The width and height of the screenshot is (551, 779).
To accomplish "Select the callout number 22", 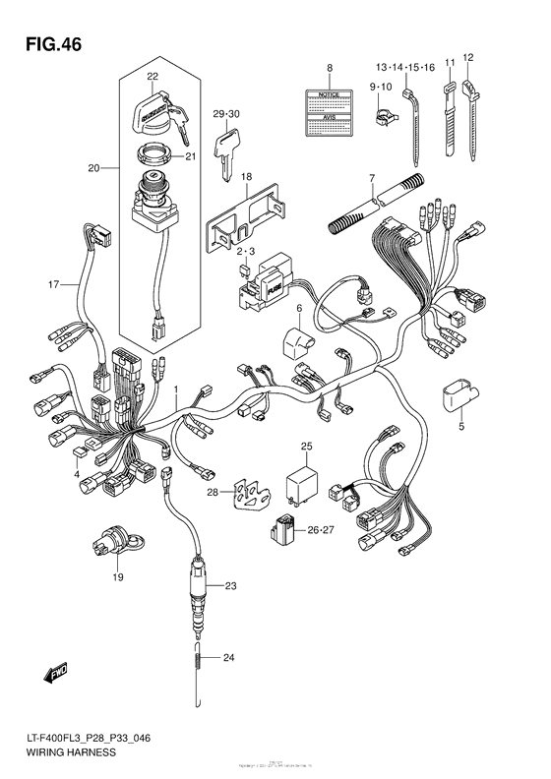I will [x=153, y=77].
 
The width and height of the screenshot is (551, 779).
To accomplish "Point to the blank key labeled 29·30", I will [x=227, y=153].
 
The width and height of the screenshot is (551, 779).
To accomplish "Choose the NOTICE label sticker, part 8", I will [x=331, y=111].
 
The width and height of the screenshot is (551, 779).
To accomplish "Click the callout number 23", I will [x=231, y=587].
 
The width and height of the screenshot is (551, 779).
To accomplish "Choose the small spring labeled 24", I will [x=201, y=660].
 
